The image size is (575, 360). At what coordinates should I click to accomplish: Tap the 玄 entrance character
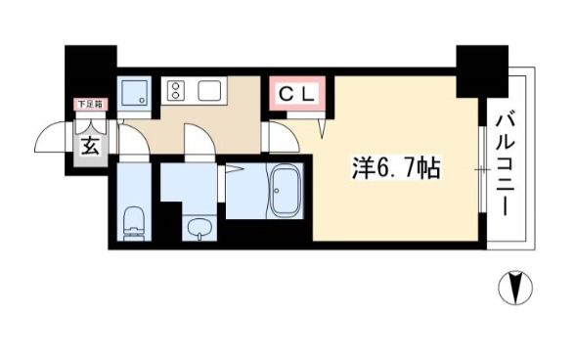pos(89,146)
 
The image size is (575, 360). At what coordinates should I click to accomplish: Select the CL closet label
pos(297,95)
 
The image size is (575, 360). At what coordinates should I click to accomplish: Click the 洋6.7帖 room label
pos(395,169)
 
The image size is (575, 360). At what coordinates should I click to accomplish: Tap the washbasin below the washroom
pos(198,230)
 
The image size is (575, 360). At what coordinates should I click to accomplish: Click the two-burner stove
pos(177,91)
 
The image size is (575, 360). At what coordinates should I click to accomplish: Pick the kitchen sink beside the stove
pos(211,91)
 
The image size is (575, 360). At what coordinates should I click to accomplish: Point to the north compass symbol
pos(516,289)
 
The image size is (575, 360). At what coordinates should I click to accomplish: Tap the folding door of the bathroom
pos(232,170)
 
